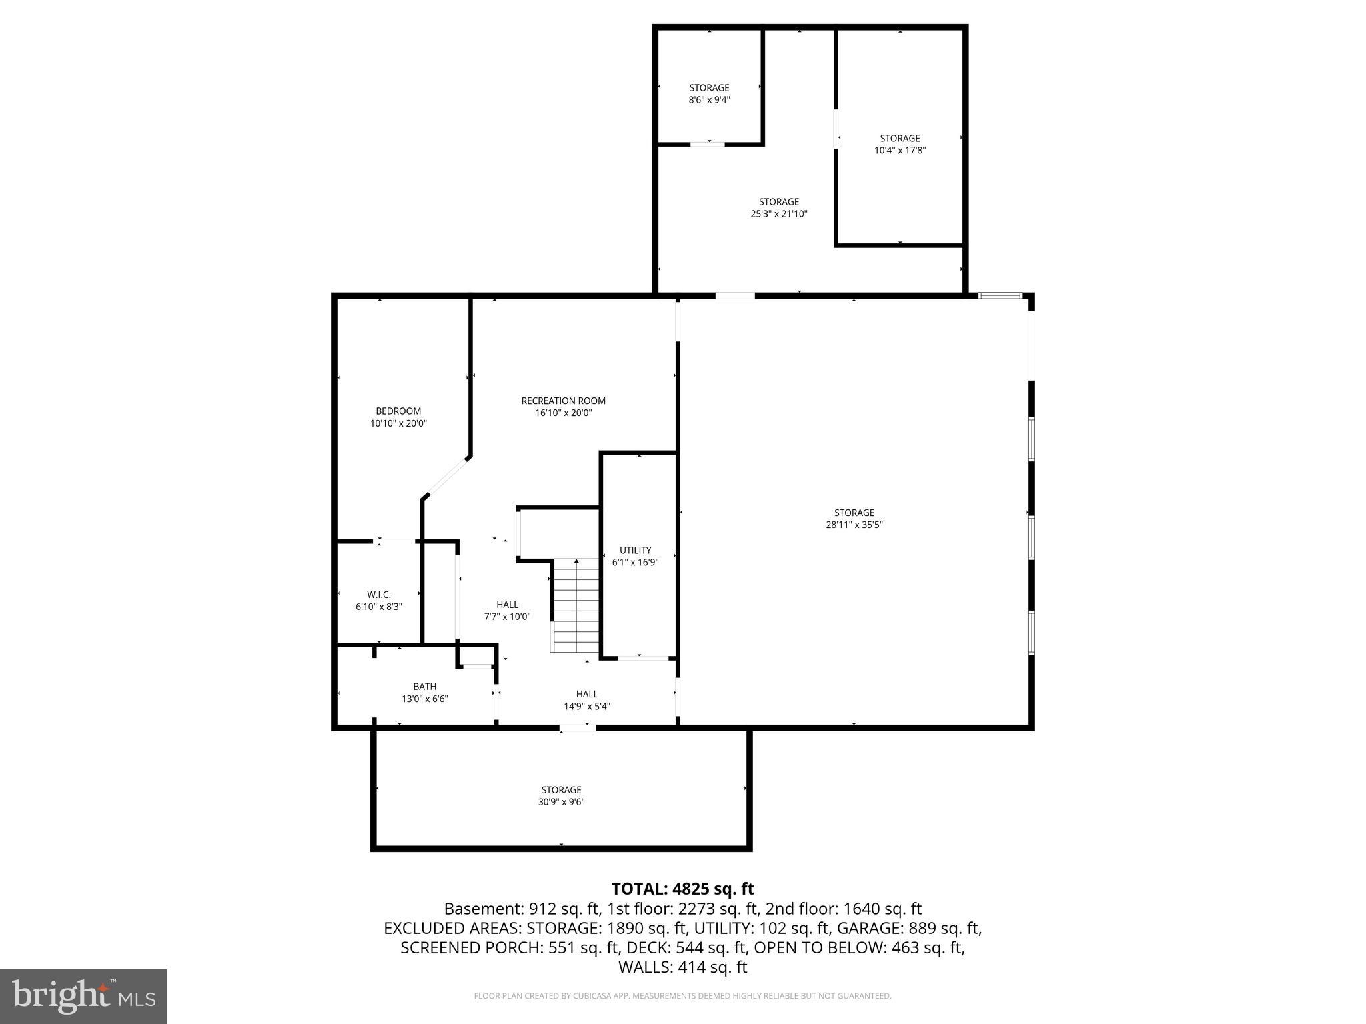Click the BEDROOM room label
(398, 411)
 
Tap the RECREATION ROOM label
(563, 401)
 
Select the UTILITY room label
(635, 550)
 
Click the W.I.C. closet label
(378, 595)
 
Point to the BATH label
(424, 687)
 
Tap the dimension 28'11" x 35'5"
(854, 525)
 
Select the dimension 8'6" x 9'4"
(709, 100)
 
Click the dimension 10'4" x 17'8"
(900, 151)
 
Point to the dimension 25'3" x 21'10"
(778, 214)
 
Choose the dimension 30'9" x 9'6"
(561, 802)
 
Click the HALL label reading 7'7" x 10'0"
(507, 611)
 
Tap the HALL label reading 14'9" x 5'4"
(587, 700)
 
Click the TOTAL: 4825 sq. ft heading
(682, 889)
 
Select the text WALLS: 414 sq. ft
(682, 967)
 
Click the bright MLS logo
(83, 996)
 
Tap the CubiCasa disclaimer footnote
(682, 996)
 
